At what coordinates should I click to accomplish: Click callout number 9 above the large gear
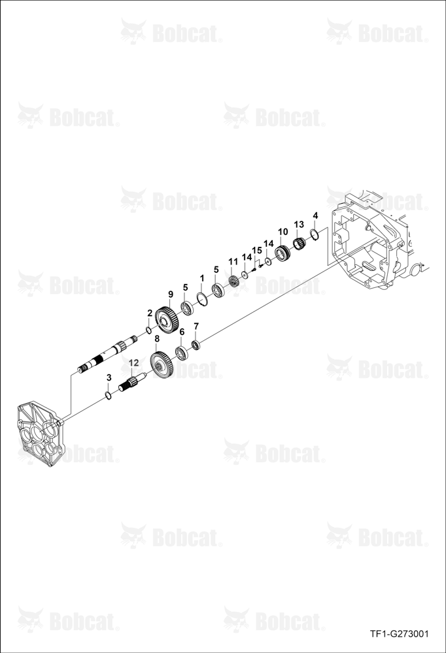(x=170, y=294)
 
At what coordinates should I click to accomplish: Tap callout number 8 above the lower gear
(x=157, y=339)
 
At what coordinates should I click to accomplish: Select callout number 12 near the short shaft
(x=133, y=362)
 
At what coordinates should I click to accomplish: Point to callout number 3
(x=109, y=377)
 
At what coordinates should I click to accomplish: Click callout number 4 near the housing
(x=315, y=215)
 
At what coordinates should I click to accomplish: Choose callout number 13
(x=299, y=225)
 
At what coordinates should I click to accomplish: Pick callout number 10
(x=283, y=232)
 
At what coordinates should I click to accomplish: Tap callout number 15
(x=257, y=250)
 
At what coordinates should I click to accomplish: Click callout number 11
(x=233, y=262)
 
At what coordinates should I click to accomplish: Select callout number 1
(x=202, y=278)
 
